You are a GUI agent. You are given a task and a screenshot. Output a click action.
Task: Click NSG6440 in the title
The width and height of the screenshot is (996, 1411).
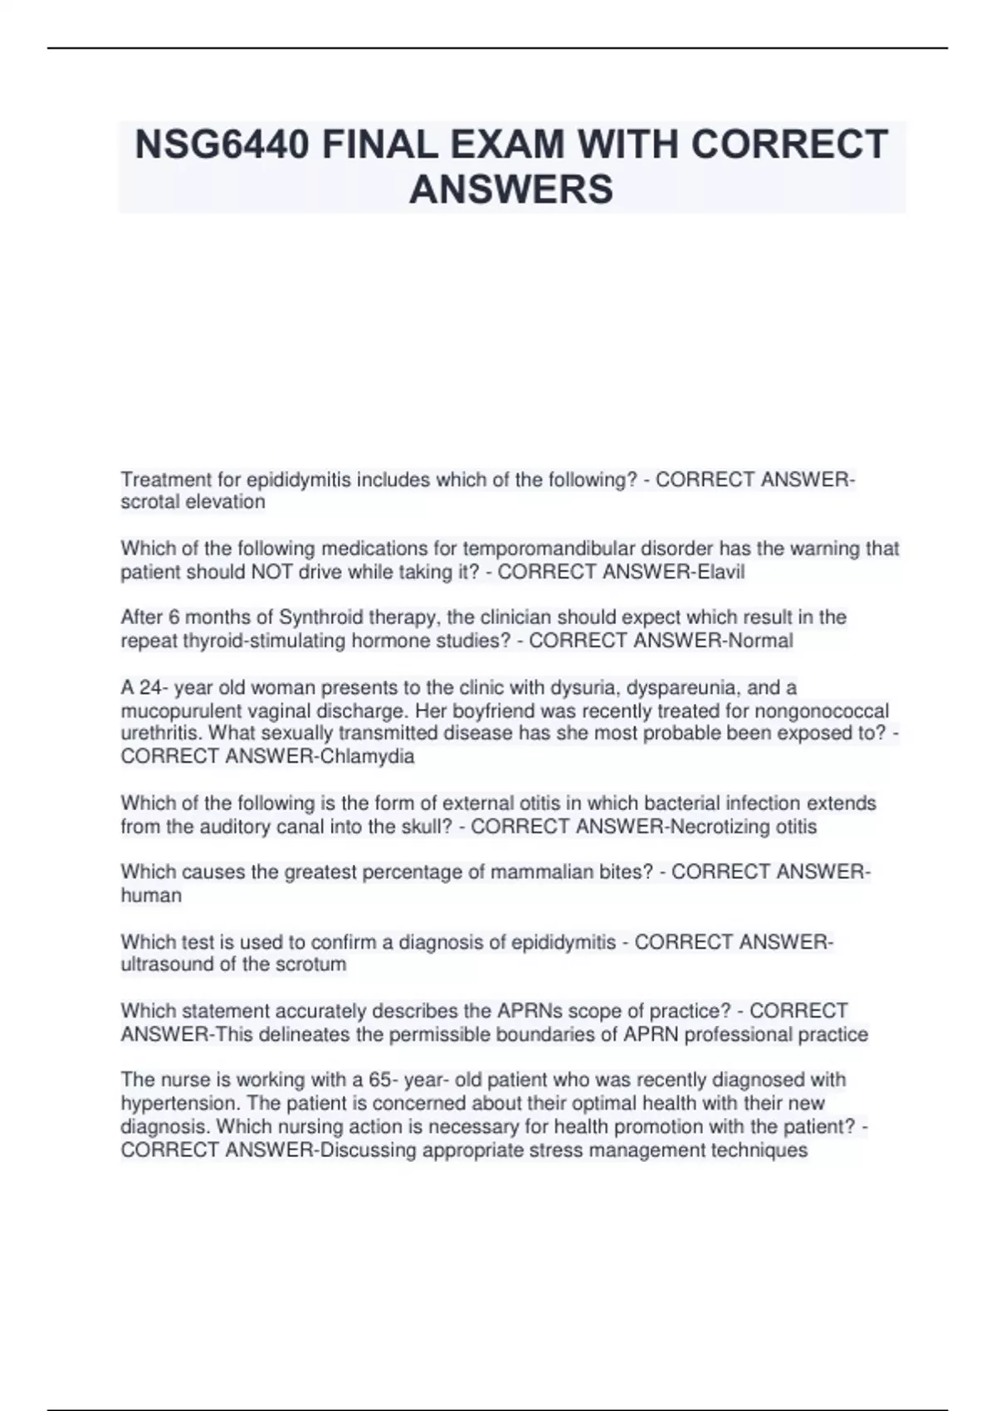click(x=222, y=145)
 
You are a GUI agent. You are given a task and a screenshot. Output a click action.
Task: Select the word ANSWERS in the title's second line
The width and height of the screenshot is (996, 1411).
click(x=511, y=189)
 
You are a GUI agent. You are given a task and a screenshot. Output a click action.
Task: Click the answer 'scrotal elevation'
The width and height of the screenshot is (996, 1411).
click(x=193, y=502)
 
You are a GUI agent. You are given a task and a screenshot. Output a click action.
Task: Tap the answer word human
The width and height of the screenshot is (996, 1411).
click(x=151, y=896)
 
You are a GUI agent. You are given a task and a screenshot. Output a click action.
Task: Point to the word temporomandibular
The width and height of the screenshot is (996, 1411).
click(x=548, y=549)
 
